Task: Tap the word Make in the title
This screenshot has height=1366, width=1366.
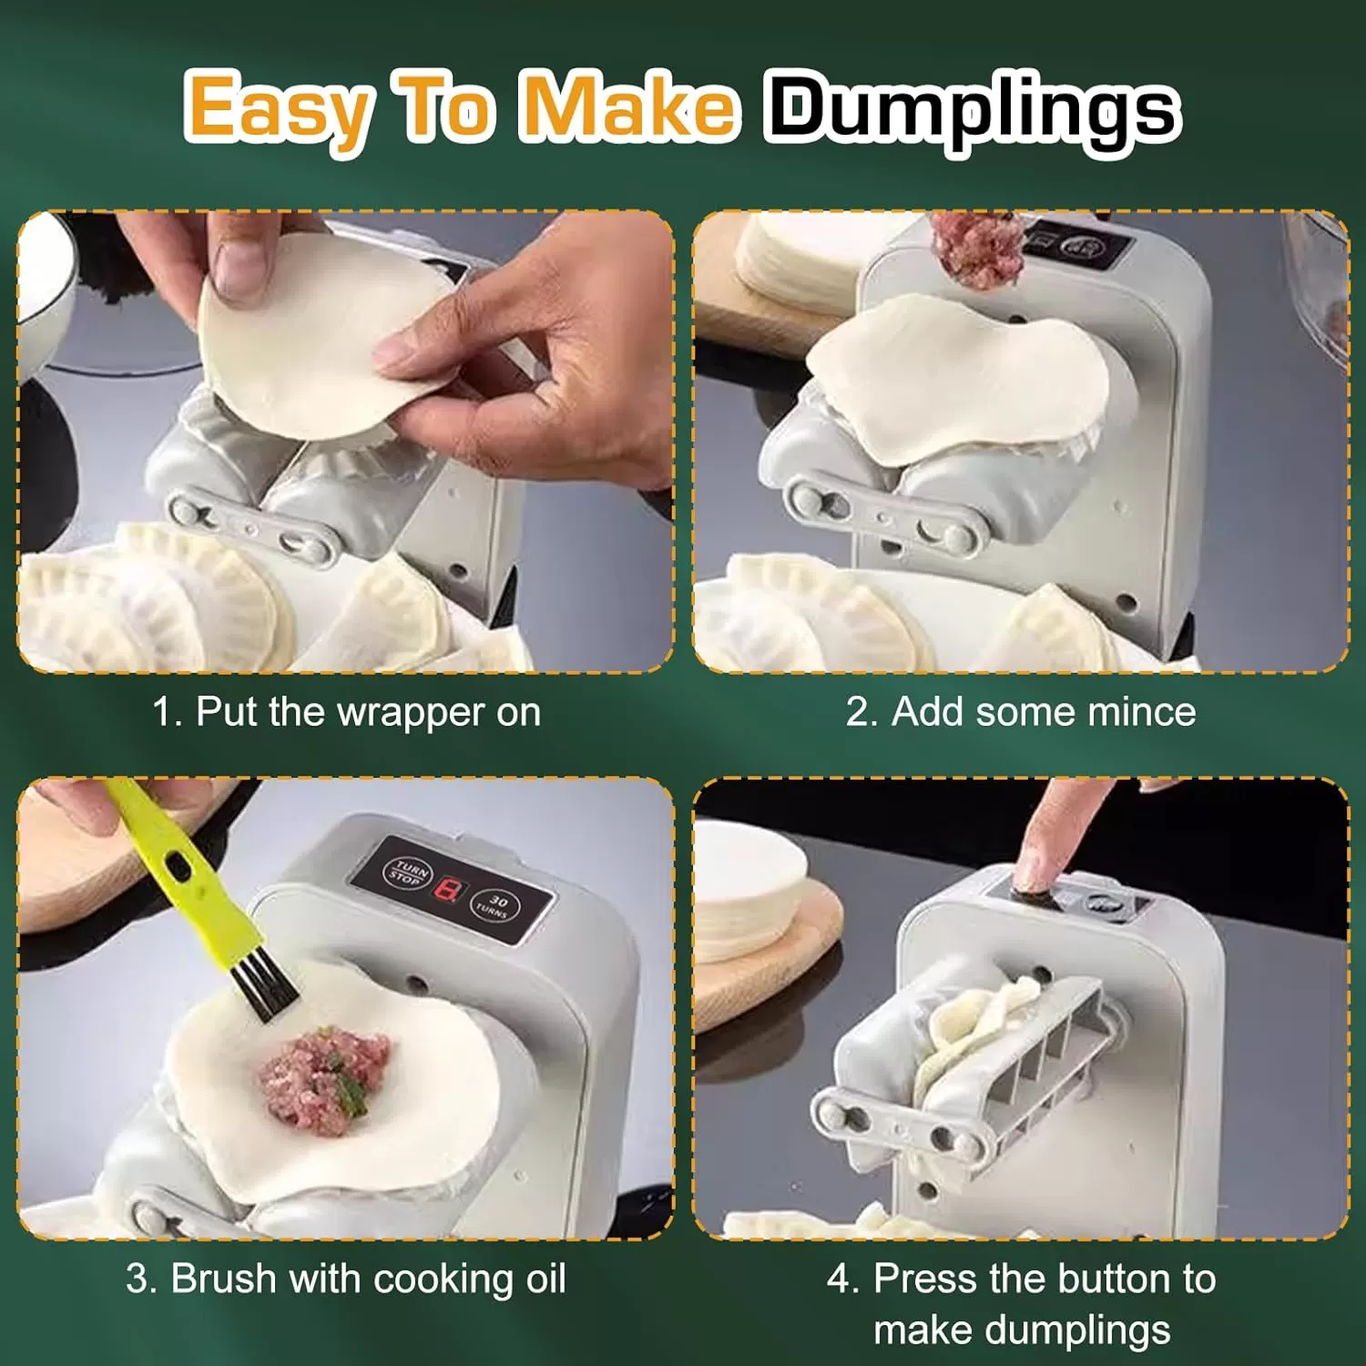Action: click(x=629, y=107)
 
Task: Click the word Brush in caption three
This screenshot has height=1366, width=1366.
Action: click(x=224, y=1279)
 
